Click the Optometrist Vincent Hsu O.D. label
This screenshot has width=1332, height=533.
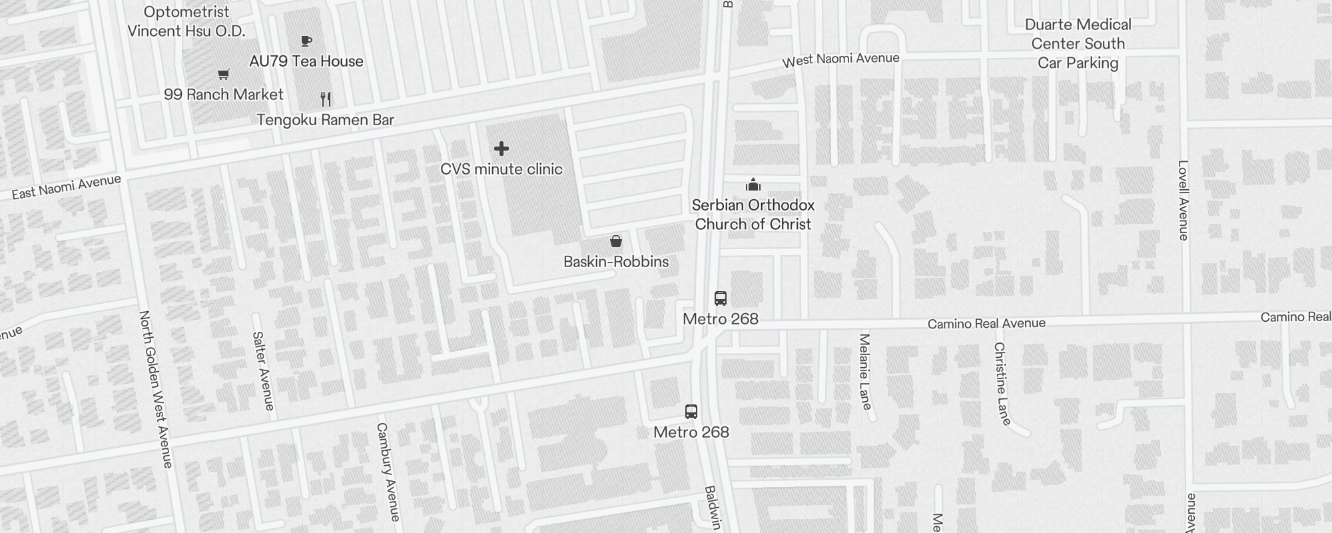(x=186, y=21)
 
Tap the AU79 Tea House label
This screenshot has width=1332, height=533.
(x=306, y=61)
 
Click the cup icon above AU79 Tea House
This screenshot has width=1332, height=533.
(x=306, y=41)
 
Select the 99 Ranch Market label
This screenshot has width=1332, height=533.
(x=224, y=95)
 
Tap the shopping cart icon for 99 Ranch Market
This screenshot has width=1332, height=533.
(x=224, y=75)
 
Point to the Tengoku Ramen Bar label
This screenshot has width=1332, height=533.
(x=326, y=120)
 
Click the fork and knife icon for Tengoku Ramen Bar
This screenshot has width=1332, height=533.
(x=326, y=99)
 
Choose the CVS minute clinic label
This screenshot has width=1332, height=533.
(x=501, y=169)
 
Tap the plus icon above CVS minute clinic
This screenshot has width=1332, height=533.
(x=501, y=149)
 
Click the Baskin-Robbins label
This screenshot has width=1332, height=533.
(x=616, y=262)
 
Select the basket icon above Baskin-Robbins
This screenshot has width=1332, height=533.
(x=616, y=241)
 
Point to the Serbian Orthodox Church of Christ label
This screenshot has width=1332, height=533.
(x=753, y=215)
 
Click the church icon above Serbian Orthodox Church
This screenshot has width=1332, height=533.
(x=753, y=185)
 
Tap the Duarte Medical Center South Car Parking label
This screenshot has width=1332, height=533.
(x=1078, y=44)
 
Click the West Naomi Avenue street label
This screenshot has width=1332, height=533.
(x=840, y=60)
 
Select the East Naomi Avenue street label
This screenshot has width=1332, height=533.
(x=67, y=187)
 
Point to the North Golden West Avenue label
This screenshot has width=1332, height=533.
(x=156, y=389)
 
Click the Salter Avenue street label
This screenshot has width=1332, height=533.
(x=264, y=370)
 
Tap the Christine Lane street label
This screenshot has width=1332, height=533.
(x=1002, y=383)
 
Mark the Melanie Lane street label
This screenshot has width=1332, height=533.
(x=865, y=371)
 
